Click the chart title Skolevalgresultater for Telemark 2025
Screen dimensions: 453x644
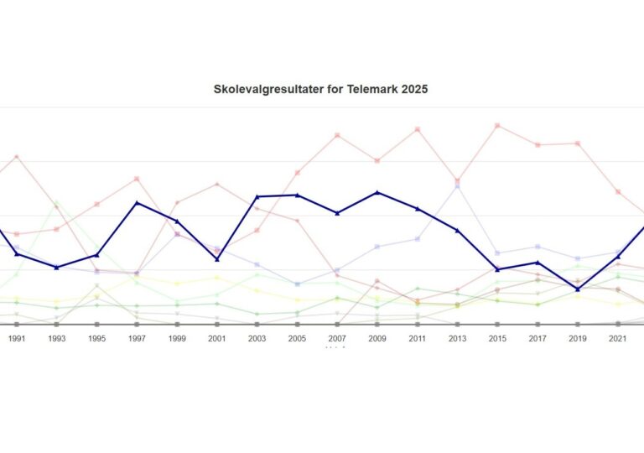tap(321, 89)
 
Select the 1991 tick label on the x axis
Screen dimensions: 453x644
tap(17, 338)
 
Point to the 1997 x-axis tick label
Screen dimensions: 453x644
tap(137, 338)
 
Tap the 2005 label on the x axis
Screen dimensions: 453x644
tap(297, 338)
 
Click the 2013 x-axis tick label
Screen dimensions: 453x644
tap(457, 338)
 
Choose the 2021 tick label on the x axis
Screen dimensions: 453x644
tap(617, 338)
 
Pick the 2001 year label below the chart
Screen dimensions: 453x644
tap(217, 338)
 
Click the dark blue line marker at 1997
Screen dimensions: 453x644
tap(137, 203)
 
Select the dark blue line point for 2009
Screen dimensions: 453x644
tap(377, 193)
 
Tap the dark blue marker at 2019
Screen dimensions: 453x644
tap(578, 289)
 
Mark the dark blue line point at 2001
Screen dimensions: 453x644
tap(217, 260)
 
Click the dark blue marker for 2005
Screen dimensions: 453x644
tap(297, 195)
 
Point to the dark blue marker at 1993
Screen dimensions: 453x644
tap(57, 268)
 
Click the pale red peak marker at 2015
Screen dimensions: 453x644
tap(497, 126)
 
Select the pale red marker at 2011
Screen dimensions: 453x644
tap(417, 129)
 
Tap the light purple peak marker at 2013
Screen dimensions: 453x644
tap(457, 186)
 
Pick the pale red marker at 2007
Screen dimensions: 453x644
tap(337, 135)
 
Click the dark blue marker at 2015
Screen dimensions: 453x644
tap(497, 269)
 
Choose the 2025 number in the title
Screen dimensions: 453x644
tap(413, 89)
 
